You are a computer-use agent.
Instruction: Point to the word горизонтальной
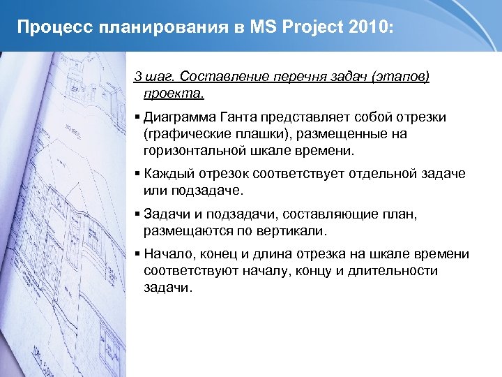[x=193, y=149]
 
